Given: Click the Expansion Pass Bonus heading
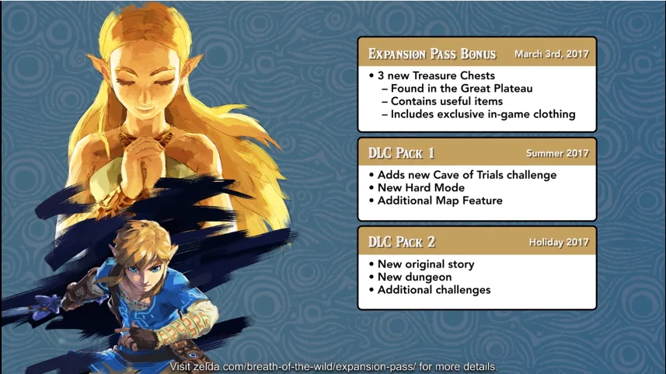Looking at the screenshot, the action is pyautogui.click(x=432, y=54).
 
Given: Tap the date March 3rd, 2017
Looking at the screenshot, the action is pyautogui.click(x=552, y=54).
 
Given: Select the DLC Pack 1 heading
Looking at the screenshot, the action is pyautogui.click(x=401, y=153).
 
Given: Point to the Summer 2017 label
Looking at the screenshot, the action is pyautogui.click(x=558, y=153).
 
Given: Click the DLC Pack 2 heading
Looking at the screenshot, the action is pyautogui.click(x=402, y=242).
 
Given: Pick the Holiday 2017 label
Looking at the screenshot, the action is pyautogui.click(x=559, y=243).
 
